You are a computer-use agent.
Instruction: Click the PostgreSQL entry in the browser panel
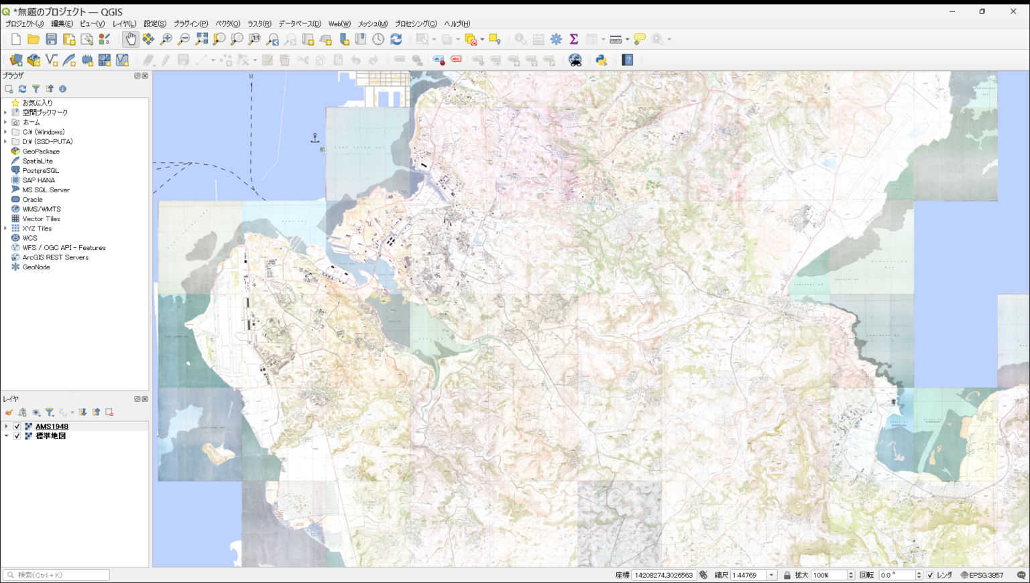[x=40, y=171]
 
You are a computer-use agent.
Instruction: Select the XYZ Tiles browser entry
[x=36, y=229]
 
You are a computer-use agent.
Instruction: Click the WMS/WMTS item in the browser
[x=41, y=209]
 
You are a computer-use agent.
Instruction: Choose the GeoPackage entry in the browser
[x=40, y=151]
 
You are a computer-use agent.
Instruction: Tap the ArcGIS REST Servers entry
[x=55, y=257]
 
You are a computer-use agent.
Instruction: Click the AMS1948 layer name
[x=52, y=426]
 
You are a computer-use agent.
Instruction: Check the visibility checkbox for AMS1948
[x=17, y=426]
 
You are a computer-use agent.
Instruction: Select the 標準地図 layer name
[x=51, y=436]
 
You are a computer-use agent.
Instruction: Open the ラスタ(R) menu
[x=259, y=23]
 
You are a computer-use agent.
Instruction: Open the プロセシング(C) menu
[x=415, y=23]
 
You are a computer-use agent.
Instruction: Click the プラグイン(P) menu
[x=190, y=23]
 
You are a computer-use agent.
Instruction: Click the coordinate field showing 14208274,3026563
[x=663, y=575]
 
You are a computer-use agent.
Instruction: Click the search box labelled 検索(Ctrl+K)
[x=57, y=575]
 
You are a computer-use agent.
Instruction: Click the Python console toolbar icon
[x=602, y=60]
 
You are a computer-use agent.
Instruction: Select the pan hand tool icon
[x=130, y=40]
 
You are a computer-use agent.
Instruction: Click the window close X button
[x=1013, y=11]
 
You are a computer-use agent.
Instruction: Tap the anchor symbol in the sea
[x=315, y=138]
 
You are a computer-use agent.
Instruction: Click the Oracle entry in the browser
[x=32, y=200]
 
